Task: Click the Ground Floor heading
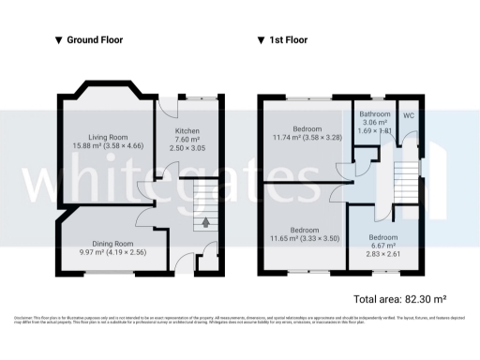[x=95, y=40]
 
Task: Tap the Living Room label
[x=108, y=137]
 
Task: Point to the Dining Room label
[x=105, y=244]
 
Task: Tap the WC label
[x=409, y=115]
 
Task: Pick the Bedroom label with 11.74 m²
[x=307, y=129]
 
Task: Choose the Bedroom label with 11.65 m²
[x=307, y=230]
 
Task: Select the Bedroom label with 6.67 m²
[x=383, y=237]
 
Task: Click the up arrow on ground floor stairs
[x=205, y=223]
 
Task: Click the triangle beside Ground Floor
[x=59, y=40]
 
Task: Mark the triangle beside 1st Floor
[x=262, y=40]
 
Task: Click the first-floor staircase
[x=405, y=178]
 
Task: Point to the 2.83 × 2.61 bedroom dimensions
[x=383, y=254]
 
